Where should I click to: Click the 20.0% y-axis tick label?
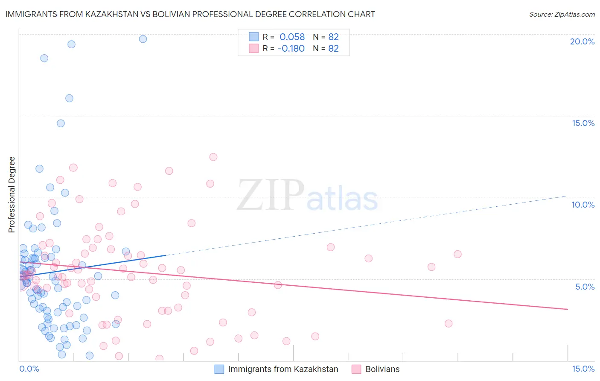pyautogui.click(x=582, y=41)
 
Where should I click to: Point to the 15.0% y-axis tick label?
pyautogui.click(x=583, y=123)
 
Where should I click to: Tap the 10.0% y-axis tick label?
pyautogui.click(x=583, y=205)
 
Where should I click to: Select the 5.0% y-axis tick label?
pyautogui.click(x=585, y=287)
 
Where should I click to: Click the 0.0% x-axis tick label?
pyautogui.click(x=29, y=369)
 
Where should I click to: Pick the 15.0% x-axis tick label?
pyautogui.click(x=583, y=369)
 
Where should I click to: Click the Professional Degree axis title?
pyautogui.click(x=12, y=195)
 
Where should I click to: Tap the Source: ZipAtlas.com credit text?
pyautogui.click(x=562, y=15)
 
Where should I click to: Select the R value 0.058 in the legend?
pyautogui.click(x=292, y=37)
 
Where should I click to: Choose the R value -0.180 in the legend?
pyautogui.click(x=291, y=48)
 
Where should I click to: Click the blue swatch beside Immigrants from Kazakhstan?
pyautogui.click(x=219, y=369)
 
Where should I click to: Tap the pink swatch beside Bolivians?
pyautogui.click(x=356, y=369)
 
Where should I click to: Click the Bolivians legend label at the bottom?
pyautogui.click(x=382, y=369)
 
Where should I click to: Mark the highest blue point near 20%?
pyautogui.click(x=143, y=39)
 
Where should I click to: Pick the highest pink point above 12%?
pyautogui.click(x=213, y=157)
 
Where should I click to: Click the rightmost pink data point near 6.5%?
pyautogui.click(x=457, y=254)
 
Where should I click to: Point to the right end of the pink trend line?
pyautogui.click(x=568, y=309)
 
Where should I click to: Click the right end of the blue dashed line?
pyautogui.click(x=567, y=196)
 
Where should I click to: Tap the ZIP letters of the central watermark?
pyautogui.click(x=271, y=195)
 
